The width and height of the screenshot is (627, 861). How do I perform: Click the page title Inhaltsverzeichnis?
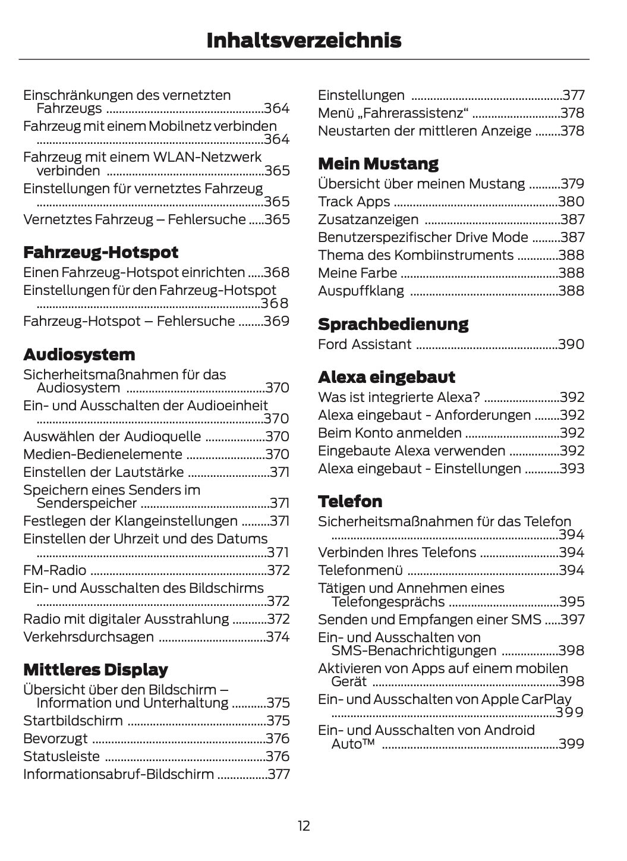point(304,40)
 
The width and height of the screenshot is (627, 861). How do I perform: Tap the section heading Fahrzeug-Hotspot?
point(100,252)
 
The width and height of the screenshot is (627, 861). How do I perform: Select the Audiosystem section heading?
point(79,354)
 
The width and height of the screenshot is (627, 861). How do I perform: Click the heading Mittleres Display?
point(95,670)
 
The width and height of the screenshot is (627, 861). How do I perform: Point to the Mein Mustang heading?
point(378,164)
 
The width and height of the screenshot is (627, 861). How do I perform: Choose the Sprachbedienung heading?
point(393,324)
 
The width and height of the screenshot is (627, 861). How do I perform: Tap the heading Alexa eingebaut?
point(386,377)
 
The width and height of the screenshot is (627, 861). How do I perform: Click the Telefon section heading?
point(350,501)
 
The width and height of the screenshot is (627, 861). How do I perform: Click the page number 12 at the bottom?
point(304,826)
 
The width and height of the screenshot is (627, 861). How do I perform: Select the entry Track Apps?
point(354,202)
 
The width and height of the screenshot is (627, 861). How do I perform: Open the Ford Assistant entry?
point(364,344)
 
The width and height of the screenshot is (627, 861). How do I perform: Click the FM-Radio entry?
point(55,570)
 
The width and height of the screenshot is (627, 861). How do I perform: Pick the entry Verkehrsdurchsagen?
point(89,637)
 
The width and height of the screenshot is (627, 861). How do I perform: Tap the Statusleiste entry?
point(61,756)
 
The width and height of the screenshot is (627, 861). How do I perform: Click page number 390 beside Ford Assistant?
point(571,344)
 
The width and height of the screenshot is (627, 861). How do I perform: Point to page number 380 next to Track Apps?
point(571,202)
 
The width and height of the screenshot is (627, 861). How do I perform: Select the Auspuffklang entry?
point(361,291)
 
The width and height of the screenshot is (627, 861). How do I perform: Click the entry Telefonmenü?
point(360,570)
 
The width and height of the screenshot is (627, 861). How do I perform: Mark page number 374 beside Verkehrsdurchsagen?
point(278,637)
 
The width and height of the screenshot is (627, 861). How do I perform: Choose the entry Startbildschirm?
point(73,721)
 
